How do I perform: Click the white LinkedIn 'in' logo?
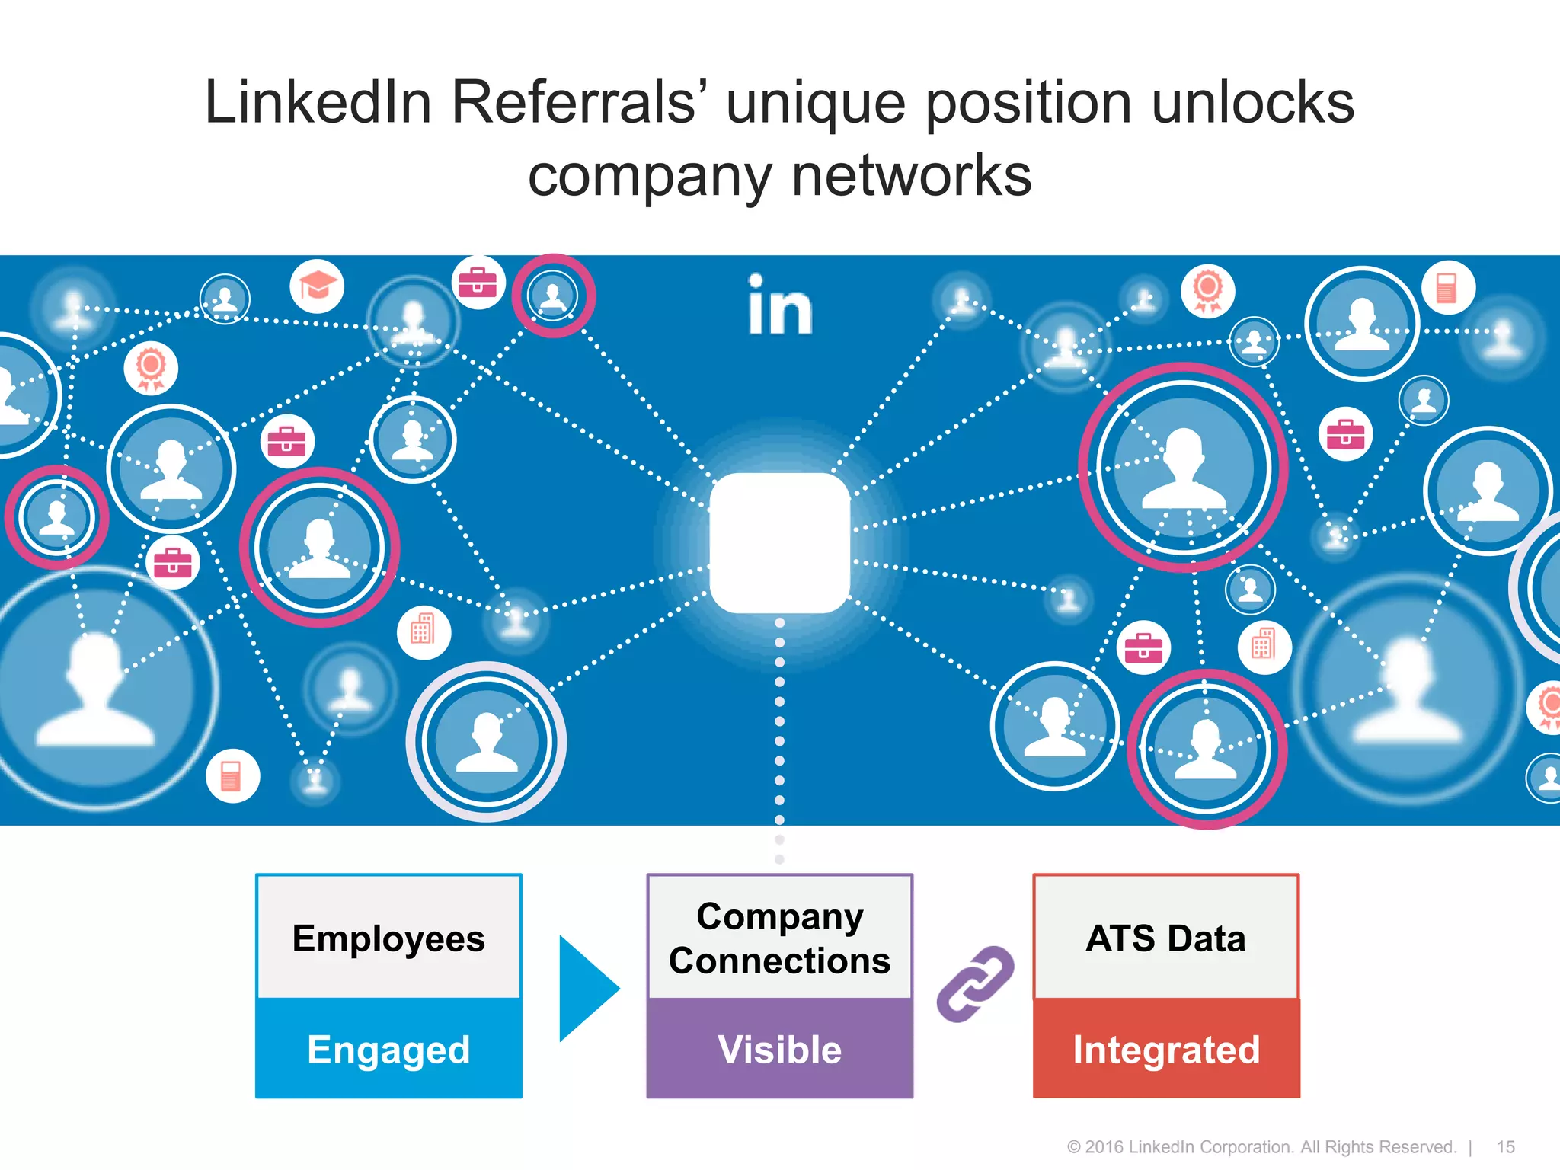(x=780, y=306)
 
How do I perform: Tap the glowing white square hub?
(x=780, y=542)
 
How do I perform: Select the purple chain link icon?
(x=974, y=983)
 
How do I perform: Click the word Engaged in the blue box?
(x=388, y=1050)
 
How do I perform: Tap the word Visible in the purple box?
(x=779, y=1050)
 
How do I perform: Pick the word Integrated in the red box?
(x=1166, y=1050)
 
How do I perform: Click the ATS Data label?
(x=1166, y=938)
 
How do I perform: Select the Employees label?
(x=388, y=938)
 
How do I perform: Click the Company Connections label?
(x=779, y=938)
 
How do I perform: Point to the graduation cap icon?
(x=317, y=286)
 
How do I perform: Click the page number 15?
(x=1505, y=1147)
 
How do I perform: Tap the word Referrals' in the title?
(x=578, y=102)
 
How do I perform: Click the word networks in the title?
(x=912, y=175)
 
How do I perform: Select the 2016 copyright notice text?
(x=1261, y=1147)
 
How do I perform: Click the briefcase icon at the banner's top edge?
(x=478, y=282)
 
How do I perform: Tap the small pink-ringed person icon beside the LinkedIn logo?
(x=553, y=296)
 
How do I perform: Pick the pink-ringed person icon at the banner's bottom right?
(x=1207, y=749)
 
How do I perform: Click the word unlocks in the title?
(x=1253, y=102)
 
